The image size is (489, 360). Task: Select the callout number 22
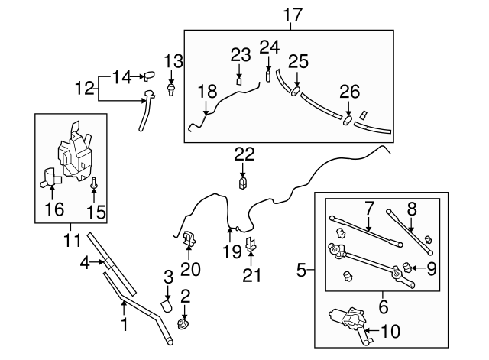244,154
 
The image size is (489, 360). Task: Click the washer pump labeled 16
52,179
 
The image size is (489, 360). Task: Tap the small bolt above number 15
94,183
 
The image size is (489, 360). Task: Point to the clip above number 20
190,238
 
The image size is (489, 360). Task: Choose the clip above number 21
251,246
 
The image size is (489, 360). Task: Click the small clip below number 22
244,182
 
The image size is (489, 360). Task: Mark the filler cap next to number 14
150,76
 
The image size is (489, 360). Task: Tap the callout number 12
86,89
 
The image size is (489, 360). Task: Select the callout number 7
369,206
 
